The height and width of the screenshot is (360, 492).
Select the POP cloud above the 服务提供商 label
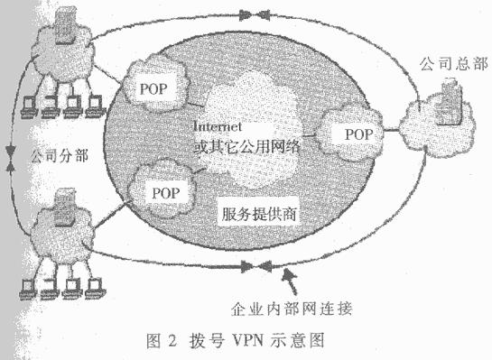pyautogui.click(x=164, y=192)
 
